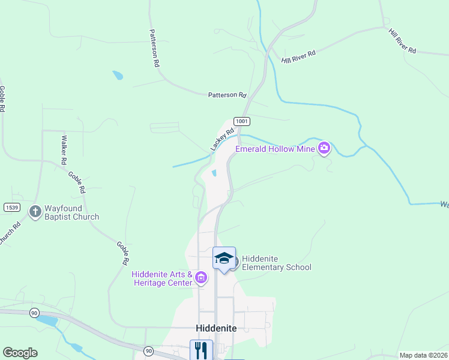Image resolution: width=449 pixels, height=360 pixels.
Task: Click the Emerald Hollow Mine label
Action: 275,149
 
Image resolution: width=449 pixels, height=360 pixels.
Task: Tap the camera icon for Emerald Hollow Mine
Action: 324,148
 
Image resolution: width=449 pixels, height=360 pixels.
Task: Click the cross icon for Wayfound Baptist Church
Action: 35,211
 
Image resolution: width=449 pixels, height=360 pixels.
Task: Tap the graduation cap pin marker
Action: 224,259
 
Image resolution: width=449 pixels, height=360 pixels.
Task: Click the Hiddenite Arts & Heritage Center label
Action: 162,278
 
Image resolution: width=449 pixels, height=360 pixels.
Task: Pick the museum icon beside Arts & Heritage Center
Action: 200,277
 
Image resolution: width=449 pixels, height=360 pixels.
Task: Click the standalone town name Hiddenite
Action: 216,328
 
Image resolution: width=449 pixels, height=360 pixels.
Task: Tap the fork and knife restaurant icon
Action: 200,349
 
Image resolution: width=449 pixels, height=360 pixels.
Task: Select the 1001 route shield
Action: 242,121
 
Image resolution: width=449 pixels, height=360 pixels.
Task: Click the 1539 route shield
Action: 11,208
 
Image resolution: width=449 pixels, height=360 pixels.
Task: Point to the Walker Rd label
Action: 63,151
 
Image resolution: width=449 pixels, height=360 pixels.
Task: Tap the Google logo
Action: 20,353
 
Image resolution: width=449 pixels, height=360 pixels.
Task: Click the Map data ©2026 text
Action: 423,355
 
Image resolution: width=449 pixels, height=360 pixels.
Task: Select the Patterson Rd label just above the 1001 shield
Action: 228,95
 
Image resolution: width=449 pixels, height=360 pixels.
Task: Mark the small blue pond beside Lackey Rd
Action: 214,174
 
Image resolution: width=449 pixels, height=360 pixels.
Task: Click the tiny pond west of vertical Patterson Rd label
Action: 118,76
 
